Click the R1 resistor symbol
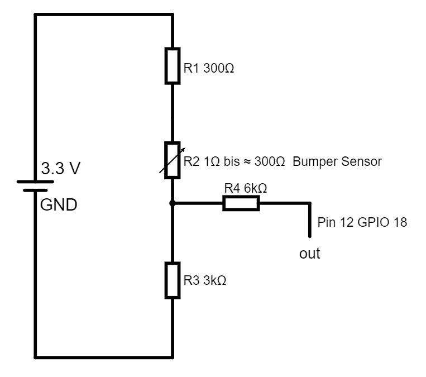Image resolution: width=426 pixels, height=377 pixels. point(173,66)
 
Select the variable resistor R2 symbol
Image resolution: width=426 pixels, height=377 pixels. point(173,160)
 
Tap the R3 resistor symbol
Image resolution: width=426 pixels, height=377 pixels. point(173,280)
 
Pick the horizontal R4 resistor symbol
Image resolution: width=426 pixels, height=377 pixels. point(241,203)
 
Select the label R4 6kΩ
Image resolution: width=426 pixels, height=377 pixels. point(246,189)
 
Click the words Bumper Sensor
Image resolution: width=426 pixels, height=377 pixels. point(337,162)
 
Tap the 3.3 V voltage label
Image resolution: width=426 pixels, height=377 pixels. point(61,169)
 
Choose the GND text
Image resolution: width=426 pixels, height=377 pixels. point(59,204)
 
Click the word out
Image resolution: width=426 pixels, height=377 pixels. point(310,254)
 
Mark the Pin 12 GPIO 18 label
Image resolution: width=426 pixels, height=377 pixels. point(362,222)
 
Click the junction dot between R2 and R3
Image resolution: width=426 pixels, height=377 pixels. point(173,203)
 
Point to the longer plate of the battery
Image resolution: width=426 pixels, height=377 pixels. point(35,182)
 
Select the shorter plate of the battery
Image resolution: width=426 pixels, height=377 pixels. point(35,190)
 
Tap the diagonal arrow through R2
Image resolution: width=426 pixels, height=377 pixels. point(172,161)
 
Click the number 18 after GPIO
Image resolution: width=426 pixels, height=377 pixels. point(400,222)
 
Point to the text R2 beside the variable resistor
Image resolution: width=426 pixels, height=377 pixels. point(191,162)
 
